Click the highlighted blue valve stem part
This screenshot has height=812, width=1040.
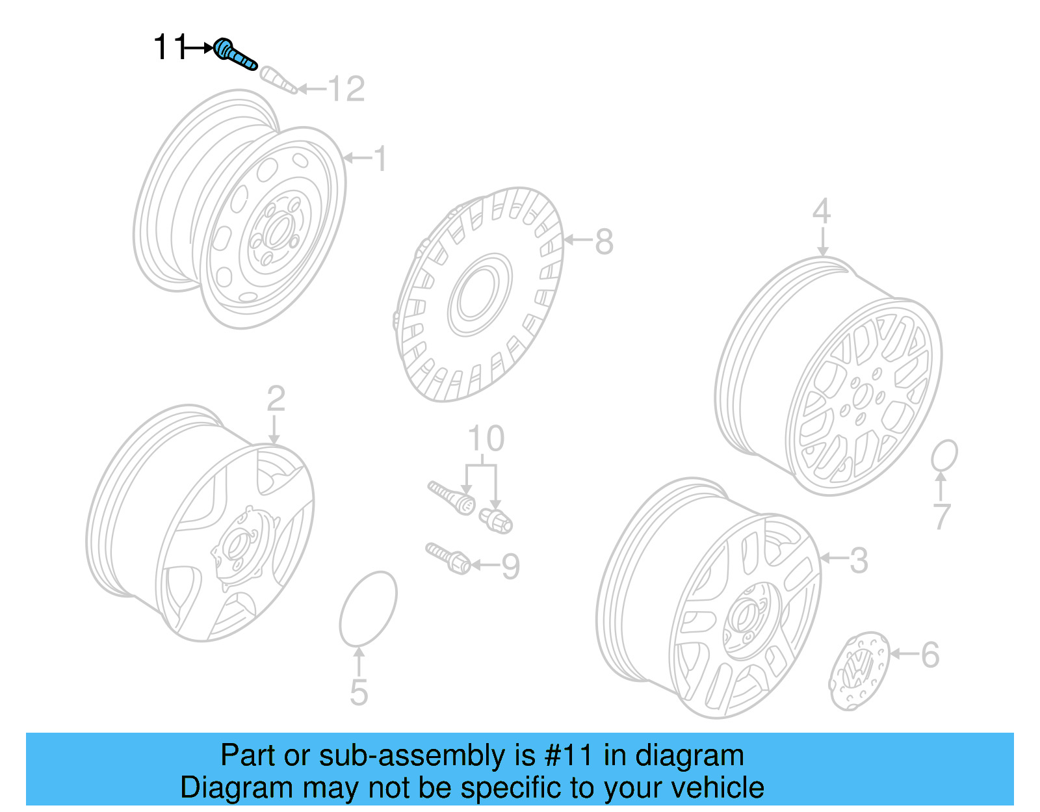click(235, 54)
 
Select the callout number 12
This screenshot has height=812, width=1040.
click(346, 89)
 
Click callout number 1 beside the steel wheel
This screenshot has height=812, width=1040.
click(380, 159)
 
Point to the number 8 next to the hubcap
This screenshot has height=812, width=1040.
click(604, 242)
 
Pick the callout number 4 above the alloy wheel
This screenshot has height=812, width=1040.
click(822, 211)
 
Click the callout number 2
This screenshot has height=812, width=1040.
click(276, 398)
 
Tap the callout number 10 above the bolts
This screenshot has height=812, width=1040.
click(486, 439)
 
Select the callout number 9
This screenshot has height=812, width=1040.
click(511, 566)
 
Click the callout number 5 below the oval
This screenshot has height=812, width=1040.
click(359, 692)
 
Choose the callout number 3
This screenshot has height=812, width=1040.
click(859, 560)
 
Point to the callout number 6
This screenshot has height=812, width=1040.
click(930, 655)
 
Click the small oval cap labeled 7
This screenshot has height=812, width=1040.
click(944, 455)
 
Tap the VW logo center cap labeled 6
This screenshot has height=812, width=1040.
click(858, 672)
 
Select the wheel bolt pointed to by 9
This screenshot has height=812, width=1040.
click(448, 558)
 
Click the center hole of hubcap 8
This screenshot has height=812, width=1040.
click(480, 296)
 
